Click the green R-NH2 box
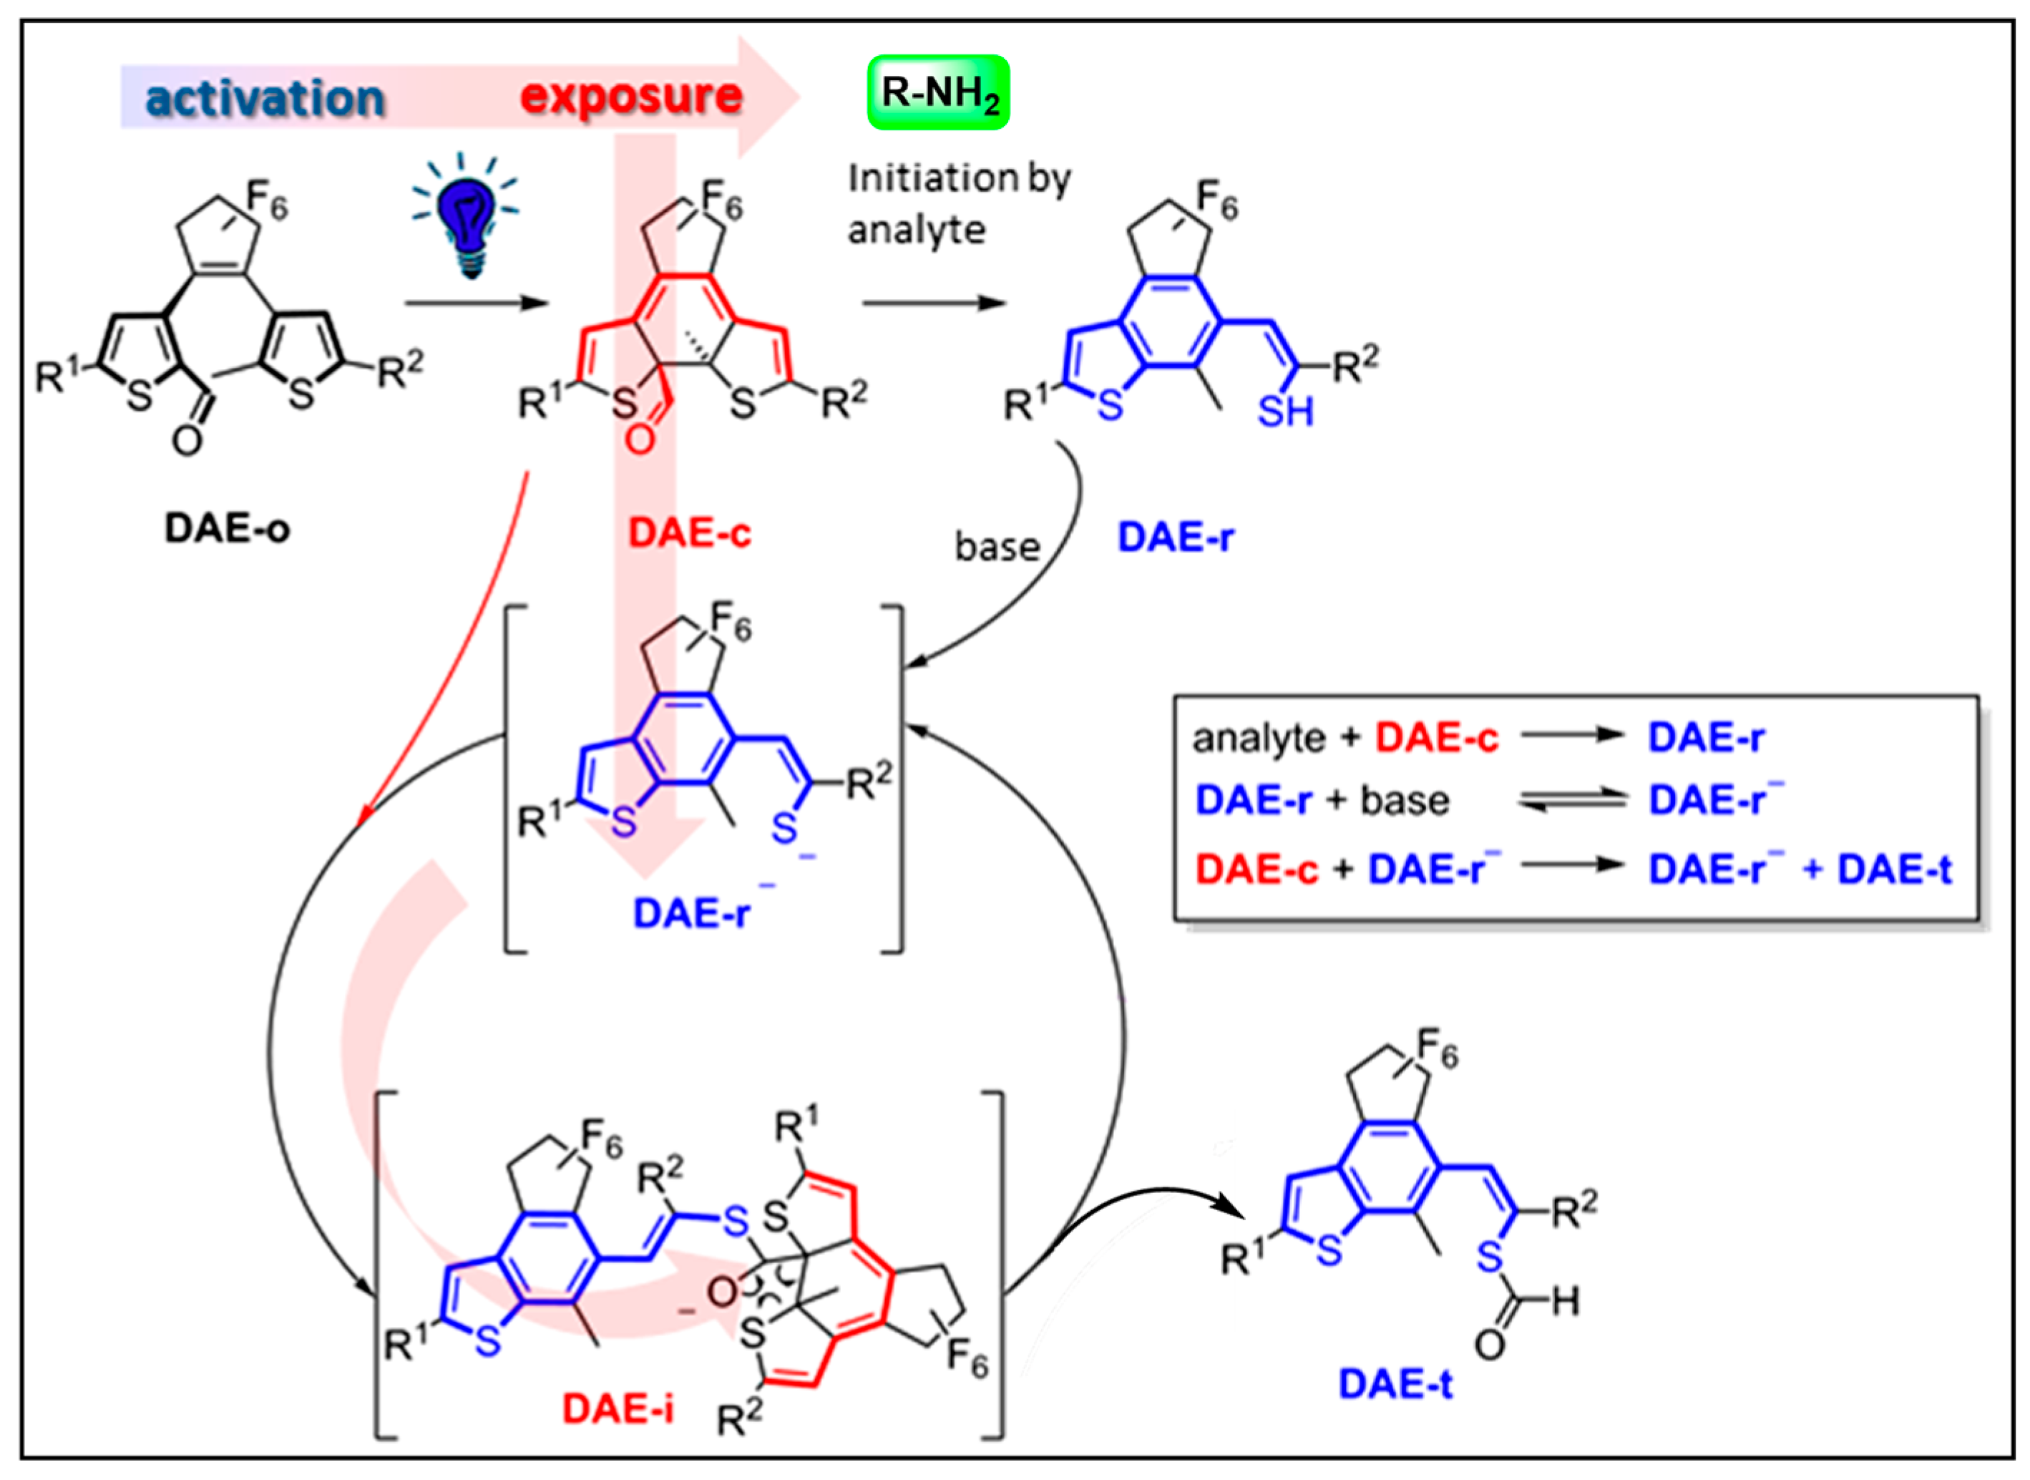pos(938,92)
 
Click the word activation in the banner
pos(265,97)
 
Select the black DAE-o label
pos(227,529)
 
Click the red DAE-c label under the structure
pos(689,534)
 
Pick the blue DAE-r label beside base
pos(1176,537)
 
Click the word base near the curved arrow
pos(997,547)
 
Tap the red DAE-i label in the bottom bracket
pos(618,1409)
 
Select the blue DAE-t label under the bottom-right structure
pos(1395,1384)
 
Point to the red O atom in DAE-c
pos(640,439)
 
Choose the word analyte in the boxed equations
pos(1258,738)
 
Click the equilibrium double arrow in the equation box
pos(1572,800)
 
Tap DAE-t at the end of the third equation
pos(1894,869)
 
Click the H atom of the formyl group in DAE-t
pos(1565,1301)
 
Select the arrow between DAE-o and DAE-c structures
pos(476,303)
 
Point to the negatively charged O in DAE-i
pos(721,1292)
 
